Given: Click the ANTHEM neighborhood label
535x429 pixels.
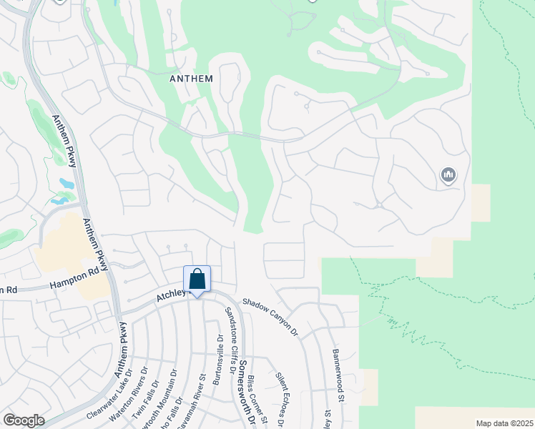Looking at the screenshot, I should pyautogui.click(x=191, y=79).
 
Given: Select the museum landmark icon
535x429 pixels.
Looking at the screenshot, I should pyautogui.click(x=448, y=174).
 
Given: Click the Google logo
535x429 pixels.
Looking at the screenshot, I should pyautogui.click(x=24, y=420).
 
